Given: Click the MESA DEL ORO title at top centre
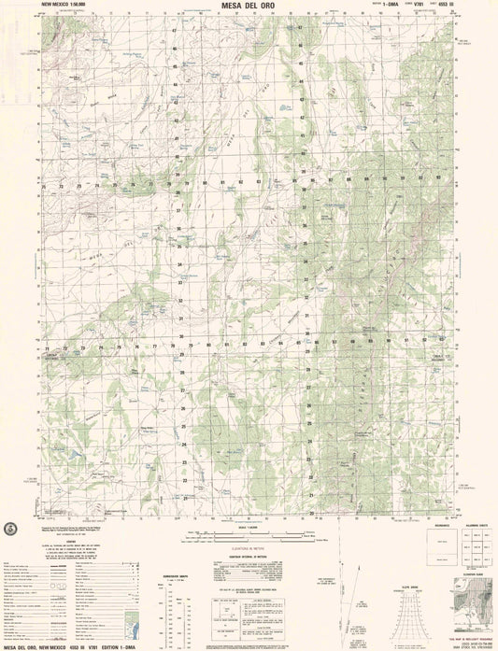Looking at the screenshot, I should tap(249, 6).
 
